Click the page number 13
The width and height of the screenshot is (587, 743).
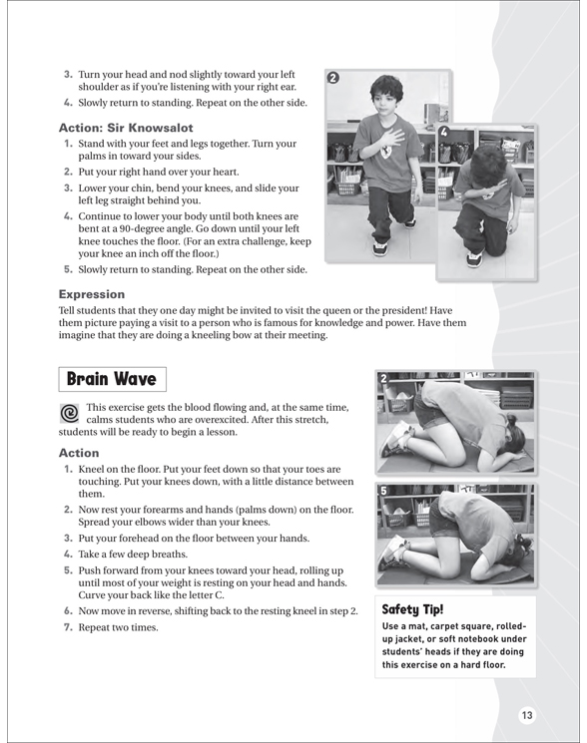pos(527,715)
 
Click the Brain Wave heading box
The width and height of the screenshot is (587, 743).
pos(113,379)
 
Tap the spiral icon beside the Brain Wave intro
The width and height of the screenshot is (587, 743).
pos(69,413)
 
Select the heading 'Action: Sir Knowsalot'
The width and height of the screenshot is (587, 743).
pos(126,128)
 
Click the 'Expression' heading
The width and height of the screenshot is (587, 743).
pos(92,294)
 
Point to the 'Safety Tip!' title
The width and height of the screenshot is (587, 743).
pos(412,609)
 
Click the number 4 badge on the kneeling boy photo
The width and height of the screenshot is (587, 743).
pos(443,132)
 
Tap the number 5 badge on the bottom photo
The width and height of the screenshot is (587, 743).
pos(383,491)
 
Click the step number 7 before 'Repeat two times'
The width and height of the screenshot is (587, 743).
pos(68,627)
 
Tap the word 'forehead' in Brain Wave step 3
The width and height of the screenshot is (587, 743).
pos(137,539)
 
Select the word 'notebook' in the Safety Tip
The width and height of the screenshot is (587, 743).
pos(477,638)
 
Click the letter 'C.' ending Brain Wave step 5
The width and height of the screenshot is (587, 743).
pos(218,595)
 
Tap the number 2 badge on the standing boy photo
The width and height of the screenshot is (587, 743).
pos(333,78)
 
